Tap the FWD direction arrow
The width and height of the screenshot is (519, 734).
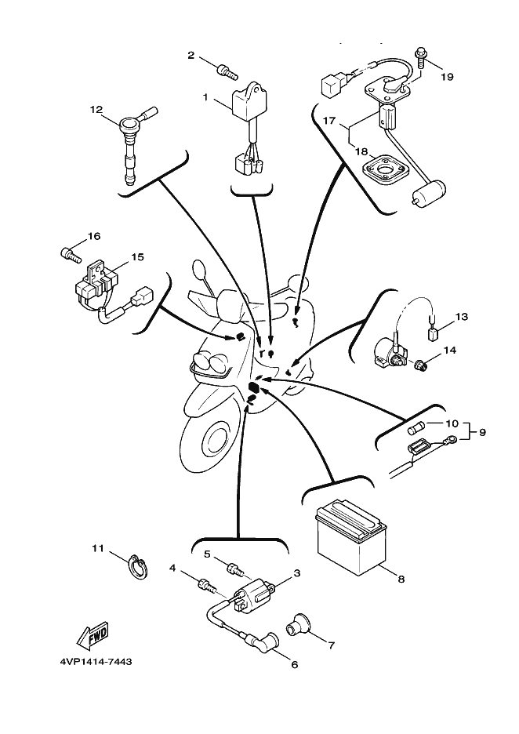tap(93, 633)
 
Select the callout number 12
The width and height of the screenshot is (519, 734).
tap(96, 110)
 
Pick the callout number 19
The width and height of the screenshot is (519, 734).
tap(447, 77)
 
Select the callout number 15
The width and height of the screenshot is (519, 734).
tap(136, 256)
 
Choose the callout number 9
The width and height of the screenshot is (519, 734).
tap(482, 432)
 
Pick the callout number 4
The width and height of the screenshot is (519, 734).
tap(172, 568)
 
